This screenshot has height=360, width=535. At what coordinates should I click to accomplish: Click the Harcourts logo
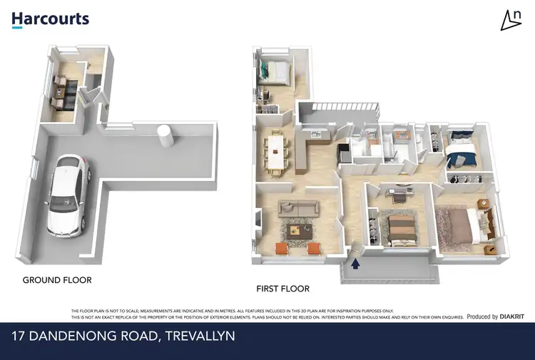tap(50, 19)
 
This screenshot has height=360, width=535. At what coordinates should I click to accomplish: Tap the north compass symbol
tap(511, 21)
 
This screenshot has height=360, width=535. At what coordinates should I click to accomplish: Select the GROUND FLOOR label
tap(57, 280)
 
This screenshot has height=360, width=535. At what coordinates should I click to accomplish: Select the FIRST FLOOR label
tap(282, 289)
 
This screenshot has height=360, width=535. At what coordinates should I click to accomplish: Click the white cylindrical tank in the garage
tap(165, 135)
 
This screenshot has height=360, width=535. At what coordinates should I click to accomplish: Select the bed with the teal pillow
tap(275, 71)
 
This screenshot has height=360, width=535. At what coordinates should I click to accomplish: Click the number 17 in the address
tap(19, 335)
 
